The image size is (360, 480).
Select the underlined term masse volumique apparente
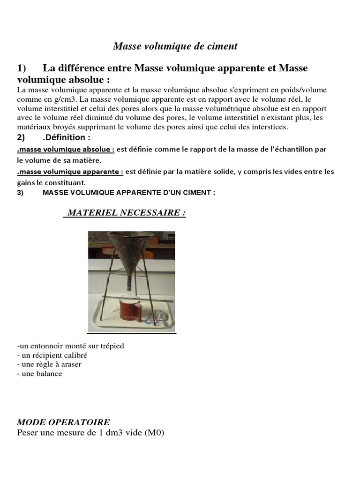point(70,172)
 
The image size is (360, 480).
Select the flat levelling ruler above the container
point(141,299)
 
